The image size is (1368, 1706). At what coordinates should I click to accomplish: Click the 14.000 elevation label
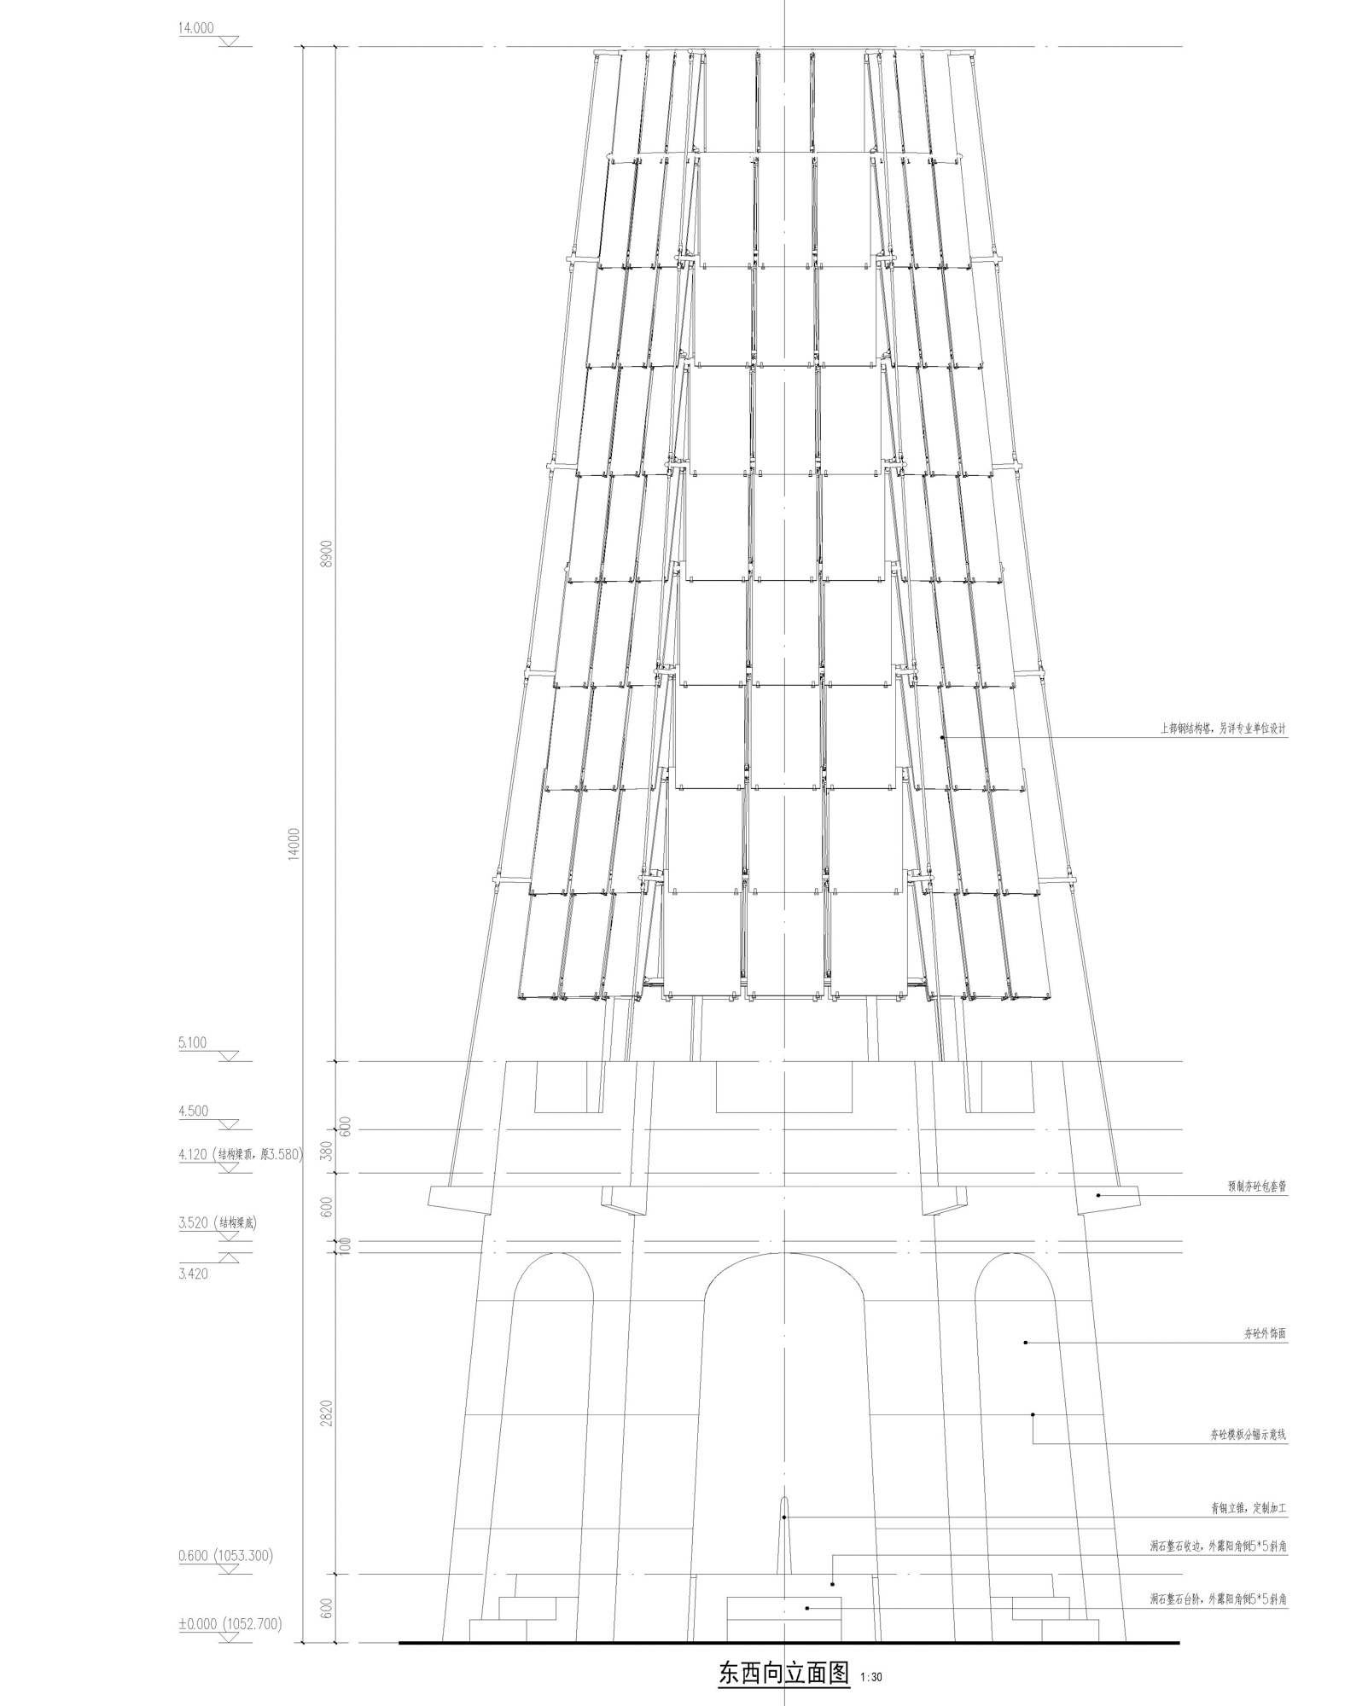click(195, 28)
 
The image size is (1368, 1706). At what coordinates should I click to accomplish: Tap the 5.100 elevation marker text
click(192, 1042)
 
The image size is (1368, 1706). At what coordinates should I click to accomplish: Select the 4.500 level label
click(193, 1111)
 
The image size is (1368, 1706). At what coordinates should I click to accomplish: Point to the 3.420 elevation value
click(193, 1274)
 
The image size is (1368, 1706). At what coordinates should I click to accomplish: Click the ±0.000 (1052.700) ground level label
click(230, 1624)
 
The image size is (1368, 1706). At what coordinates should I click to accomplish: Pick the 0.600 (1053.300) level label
click(225, 1556)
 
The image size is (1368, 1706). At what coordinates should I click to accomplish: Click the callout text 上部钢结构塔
click(1222, 729)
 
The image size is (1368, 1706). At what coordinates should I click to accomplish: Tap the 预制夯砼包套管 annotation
click(1256, 1187)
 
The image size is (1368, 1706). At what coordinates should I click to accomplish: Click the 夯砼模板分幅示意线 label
click(1248, 1436)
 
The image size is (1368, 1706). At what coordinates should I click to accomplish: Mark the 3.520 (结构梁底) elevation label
click(217, 1222)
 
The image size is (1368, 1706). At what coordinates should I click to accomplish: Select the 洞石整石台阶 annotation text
click(1218, 1601)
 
